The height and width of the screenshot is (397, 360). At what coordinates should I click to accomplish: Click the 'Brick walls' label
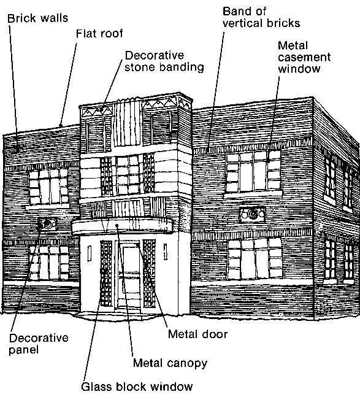pyautogui.click(x=37, y=18)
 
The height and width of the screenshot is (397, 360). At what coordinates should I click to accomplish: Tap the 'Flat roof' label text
pyautogui.click(x=99, y=33)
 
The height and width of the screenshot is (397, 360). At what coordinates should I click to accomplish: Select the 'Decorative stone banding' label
pyautogui.click(x=164, y=61)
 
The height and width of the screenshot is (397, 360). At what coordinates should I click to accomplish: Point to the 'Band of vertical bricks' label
pyautogui.click(x=261, y=17)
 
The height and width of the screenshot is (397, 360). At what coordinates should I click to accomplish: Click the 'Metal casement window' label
pyautogui.click(x=304, y=57)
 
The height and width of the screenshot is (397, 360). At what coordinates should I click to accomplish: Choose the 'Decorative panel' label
pyautogui.click(x=39, y=344)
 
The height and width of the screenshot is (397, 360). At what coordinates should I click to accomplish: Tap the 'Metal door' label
pyautogui.click(x=197, y=334)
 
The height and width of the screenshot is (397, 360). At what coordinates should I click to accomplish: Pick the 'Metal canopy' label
pyautogui.click(x=170, y=363)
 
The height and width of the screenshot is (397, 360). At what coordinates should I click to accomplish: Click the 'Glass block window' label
pyautogui.click(x=137, y=387)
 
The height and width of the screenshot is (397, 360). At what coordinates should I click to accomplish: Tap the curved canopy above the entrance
pyautogui.click(x=123, y=226)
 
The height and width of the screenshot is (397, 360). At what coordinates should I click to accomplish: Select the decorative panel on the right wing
pyautogui.click(x=252, y=214)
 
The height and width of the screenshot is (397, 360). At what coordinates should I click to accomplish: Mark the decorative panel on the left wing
pyautogui.click(x=47, y=224)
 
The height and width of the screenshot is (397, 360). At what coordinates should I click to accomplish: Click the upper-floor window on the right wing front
pyautogui.click(x=253, y=171)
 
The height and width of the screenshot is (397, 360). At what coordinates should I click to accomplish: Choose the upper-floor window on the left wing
pyautogui.click(x=48, y=187)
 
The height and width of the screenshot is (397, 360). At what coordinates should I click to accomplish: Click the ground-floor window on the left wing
pyautogui.click(x=49, y=263)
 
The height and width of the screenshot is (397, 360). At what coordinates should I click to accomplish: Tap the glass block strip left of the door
pyautogui.click(x=106, y=274)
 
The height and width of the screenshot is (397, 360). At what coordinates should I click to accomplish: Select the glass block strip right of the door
pyautogui.click(x=149, y=274)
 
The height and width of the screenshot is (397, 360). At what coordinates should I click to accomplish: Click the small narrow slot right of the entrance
pyautogui.click(x=166, y=252)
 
